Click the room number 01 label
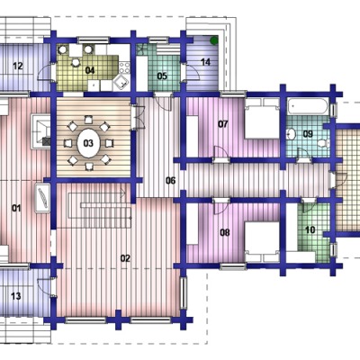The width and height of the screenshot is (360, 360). pos(16,208)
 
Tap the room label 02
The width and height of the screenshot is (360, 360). pos(125,258)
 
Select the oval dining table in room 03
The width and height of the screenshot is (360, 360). pos(88,143)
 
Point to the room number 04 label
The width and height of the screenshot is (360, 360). pos(90,70)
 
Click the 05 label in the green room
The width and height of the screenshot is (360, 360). pos(162,76)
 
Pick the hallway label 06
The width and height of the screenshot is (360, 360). pos(170,181)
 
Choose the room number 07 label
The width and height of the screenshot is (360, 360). pos(223,124)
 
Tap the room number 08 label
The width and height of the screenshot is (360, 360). pos(225,232)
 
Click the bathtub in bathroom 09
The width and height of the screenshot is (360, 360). pos(307,106)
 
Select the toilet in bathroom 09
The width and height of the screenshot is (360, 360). pos(322,143)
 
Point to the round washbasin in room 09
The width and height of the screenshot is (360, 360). pos(291,134)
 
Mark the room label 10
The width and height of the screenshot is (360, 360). pos(310,230)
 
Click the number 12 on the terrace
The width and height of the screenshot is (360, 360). pos(18,66)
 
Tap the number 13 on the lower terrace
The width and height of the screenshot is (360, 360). pos(16,296)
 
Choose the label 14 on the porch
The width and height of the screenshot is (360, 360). pos(205,62)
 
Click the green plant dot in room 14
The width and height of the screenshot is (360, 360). pos(214,40)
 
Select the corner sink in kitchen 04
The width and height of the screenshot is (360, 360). pos(121,82)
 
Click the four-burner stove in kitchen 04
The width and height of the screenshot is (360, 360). pos(124,67)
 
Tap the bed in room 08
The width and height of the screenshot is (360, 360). pos(263,242)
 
